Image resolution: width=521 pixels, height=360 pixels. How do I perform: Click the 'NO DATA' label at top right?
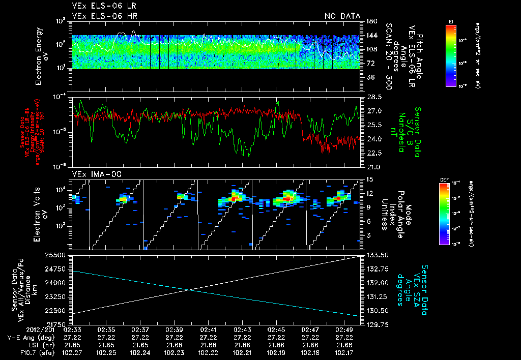coord(342,16)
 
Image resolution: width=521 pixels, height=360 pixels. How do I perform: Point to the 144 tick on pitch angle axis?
coord(371,35)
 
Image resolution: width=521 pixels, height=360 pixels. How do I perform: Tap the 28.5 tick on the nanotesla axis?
coord(375,97)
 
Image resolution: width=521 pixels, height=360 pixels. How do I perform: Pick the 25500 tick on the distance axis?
coord(60,254)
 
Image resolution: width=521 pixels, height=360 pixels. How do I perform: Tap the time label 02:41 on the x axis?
coord(209,330)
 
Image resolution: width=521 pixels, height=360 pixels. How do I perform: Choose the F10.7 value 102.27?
coord(72,352)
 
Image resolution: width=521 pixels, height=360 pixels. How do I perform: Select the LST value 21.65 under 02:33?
coord(72,345)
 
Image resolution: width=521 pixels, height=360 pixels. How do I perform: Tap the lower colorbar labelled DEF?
coord(444,214)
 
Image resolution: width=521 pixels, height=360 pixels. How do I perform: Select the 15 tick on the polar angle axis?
coord(370,179)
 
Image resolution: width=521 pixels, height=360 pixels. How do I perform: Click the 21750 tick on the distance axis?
coord(60,324)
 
